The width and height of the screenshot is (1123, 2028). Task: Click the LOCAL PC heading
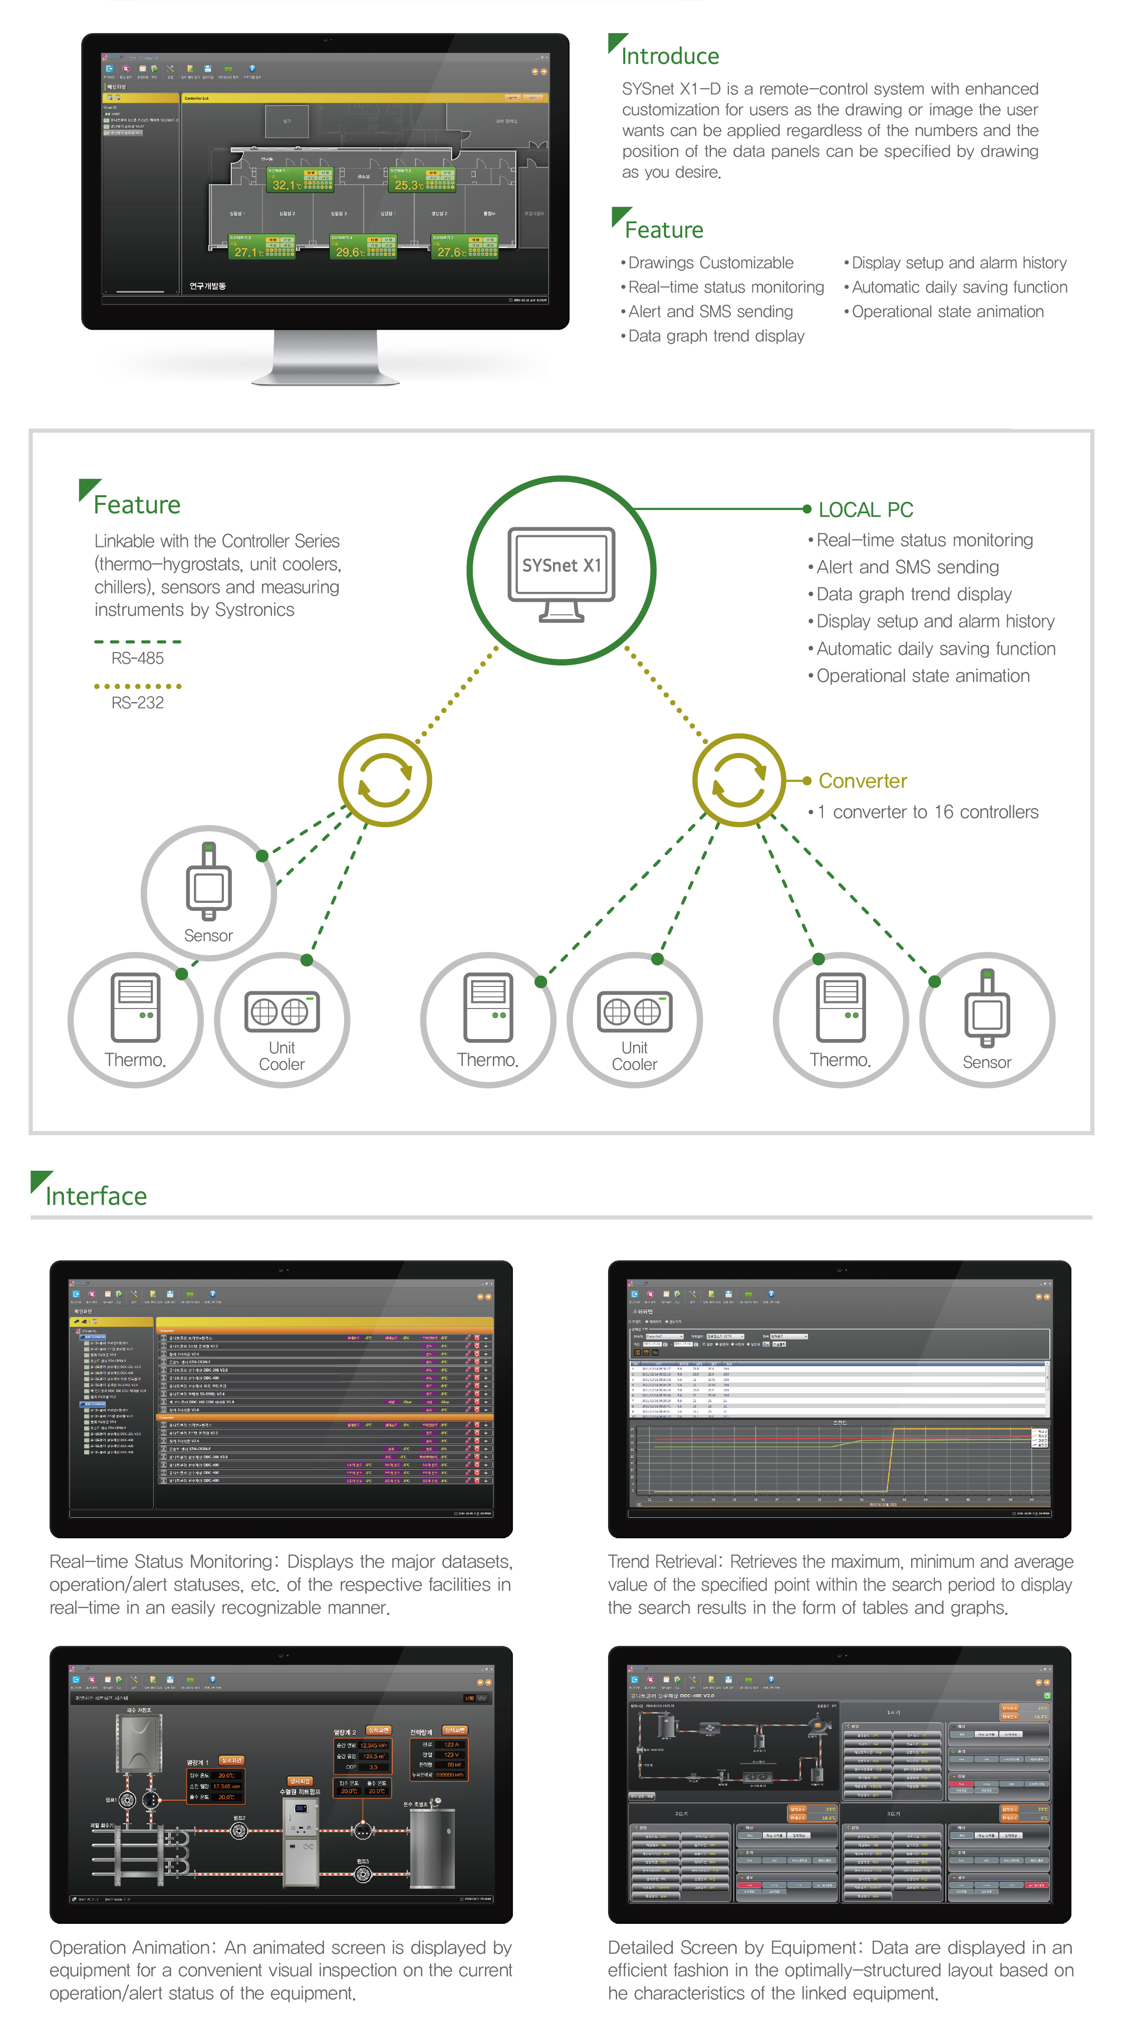(x=866, y=510)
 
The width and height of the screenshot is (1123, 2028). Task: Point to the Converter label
(x=863, y=781)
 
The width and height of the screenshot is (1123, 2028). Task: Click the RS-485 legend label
(x=137, y=658)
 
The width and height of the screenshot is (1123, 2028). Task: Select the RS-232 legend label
(x=137, y=702)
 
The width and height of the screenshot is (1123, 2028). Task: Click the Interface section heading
(x=96, y=1196)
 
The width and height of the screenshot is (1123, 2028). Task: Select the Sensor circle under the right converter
(x=987, y=1020)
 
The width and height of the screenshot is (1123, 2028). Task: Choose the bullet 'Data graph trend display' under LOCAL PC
(x=914, y=594)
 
